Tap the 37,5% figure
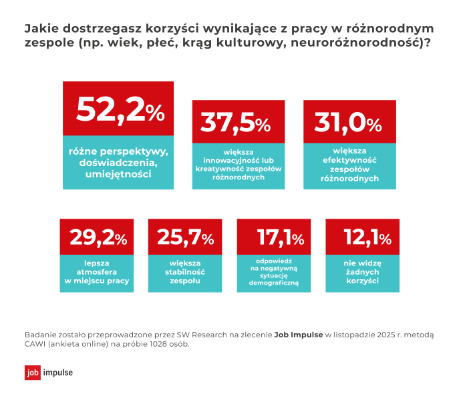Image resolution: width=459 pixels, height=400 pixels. tap(236, 123)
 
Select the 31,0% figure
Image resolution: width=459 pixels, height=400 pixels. tap(347, 123)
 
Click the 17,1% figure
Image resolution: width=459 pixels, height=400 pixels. tap(274, 237)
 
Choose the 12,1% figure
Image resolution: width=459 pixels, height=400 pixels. tap(362, 237)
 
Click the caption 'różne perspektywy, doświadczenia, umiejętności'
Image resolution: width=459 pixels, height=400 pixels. tap(118, 163)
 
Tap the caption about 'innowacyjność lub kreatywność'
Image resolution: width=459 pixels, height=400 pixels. tap(239, 165)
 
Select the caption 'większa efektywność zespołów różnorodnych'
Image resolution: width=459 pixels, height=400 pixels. tap(349, 165)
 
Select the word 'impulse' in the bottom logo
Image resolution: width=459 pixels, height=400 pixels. tap(57, 373)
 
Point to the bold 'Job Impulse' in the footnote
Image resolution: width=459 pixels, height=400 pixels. tap(299, 335)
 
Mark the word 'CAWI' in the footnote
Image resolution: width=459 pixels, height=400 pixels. tap(36, 345)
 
